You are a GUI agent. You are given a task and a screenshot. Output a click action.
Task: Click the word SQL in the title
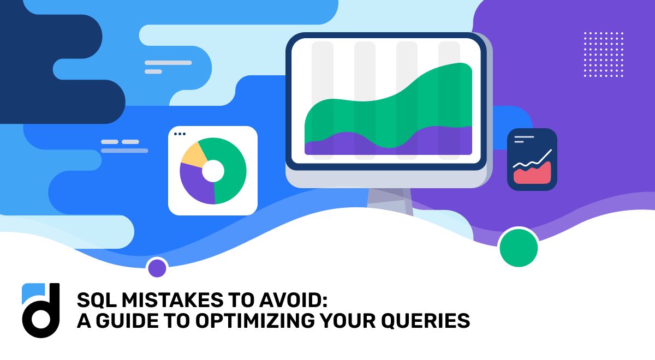point(93,300)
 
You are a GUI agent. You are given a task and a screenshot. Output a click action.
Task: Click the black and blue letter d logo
point(40,310)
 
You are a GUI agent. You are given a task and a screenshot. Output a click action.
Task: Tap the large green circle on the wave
point(519,248)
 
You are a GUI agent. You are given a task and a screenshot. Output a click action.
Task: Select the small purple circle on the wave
point(157,268)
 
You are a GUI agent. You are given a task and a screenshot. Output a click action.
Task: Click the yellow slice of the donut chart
point(192,155)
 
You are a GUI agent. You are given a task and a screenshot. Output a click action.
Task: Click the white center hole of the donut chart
point(213,171)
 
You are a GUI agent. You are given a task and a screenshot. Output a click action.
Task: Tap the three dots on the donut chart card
point(180,134)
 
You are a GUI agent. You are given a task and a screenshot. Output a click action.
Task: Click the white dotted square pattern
point(603,54)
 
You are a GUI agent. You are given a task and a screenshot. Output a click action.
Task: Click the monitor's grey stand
point(389,200)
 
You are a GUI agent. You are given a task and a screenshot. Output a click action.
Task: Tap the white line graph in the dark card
point(533,160)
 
